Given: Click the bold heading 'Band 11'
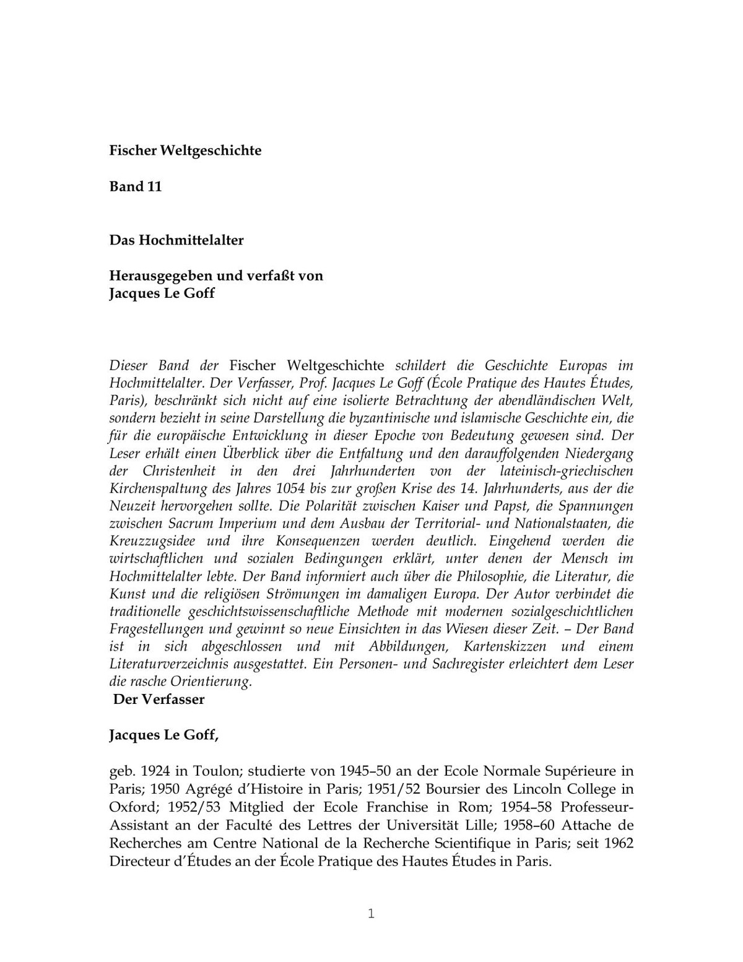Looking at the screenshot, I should coord(136,187).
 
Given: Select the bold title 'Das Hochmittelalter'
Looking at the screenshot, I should coord(176,240).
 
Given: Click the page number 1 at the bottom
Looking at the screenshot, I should coord(371,914).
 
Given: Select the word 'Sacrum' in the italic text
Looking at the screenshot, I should coord(191,524).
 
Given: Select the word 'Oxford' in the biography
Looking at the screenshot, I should coord(131,807).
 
